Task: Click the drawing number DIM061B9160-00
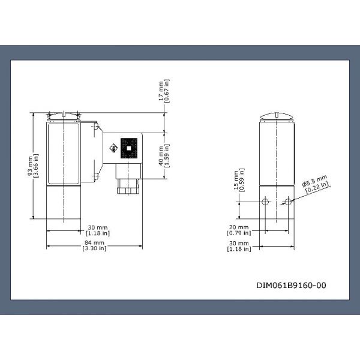(x=292, y=286)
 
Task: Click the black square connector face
(x=128, y=147)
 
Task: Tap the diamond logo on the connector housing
(x=112, y=148)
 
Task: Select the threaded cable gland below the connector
(x=128, y=182)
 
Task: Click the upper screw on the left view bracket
(x=96, y=126)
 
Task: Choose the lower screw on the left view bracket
(x=96, y=176)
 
